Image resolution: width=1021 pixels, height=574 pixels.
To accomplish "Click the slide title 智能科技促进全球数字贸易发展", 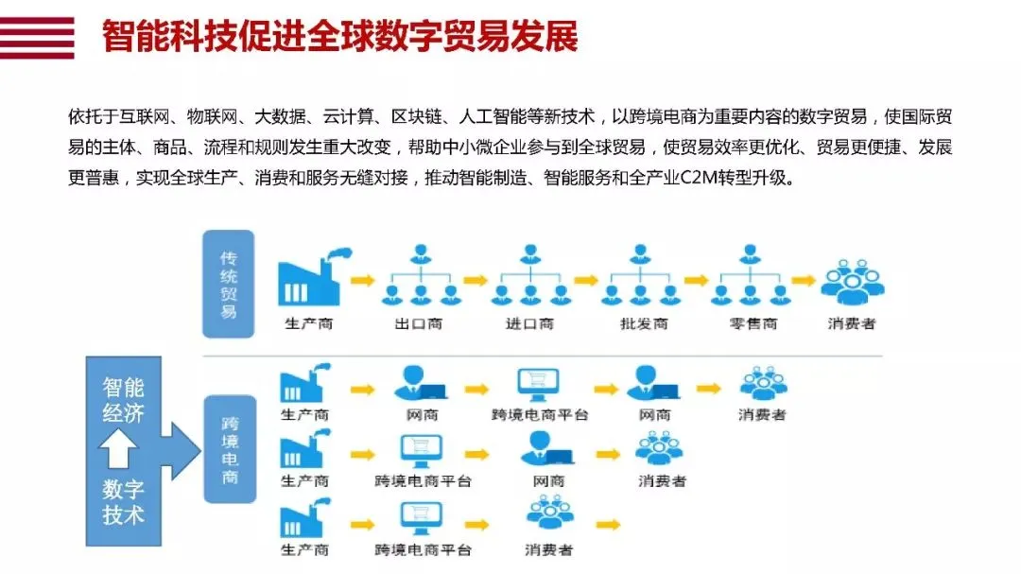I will point(339,37).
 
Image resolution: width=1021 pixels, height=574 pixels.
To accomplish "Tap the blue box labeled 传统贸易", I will point(229,283).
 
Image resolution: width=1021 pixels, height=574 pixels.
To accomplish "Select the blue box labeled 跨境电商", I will point(229,449).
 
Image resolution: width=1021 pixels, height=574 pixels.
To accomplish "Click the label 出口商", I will point(418,324).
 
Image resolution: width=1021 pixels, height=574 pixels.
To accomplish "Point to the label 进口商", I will point(529,324).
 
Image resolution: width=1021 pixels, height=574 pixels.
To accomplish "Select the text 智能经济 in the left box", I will point(124,399).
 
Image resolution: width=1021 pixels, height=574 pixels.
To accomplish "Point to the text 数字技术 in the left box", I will point(124,502).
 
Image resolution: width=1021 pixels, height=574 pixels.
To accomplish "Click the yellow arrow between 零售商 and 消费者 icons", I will point(804,281).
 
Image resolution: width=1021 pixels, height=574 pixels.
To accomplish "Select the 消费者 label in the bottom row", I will point(549,549).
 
